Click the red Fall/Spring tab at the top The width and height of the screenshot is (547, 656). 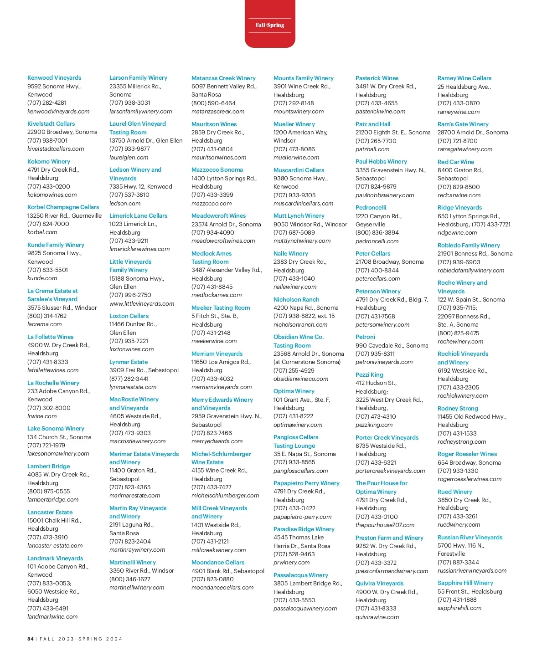tap(270, 25)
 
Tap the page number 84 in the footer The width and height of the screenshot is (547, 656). tap(31, 639)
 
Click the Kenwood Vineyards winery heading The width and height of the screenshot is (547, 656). tap(54, 78)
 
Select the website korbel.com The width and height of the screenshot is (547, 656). tap(42, 232)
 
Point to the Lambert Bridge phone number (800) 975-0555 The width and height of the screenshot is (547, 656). tap(49, 492)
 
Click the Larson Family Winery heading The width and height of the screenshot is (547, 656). tap(138, 78)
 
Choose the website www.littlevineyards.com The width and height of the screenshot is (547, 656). tap(142, 304)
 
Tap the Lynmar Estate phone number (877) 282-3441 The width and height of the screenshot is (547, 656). tap(129, 379)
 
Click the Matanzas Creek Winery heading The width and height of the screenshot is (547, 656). tap(223, 78)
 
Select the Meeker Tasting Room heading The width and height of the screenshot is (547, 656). tap(221, 308)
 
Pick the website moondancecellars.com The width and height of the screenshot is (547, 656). tap(222, 588)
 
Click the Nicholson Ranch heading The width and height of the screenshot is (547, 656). tap(296, 300)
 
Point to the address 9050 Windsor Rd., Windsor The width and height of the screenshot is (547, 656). tap(310, 225)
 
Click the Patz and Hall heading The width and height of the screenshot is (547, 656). tap(373, 124)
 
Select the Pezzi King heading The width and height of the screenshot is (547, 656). tap(369, 375)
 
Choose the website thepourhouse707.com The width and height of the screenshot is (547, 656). tap(385, 525)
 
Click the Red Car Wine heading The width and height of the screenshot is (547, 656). tap(456, 162)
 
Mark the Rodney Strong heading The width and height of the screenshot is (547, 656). tap(458, 409)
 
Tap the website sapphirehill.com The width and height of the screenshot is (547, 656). tap(459, 608)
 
